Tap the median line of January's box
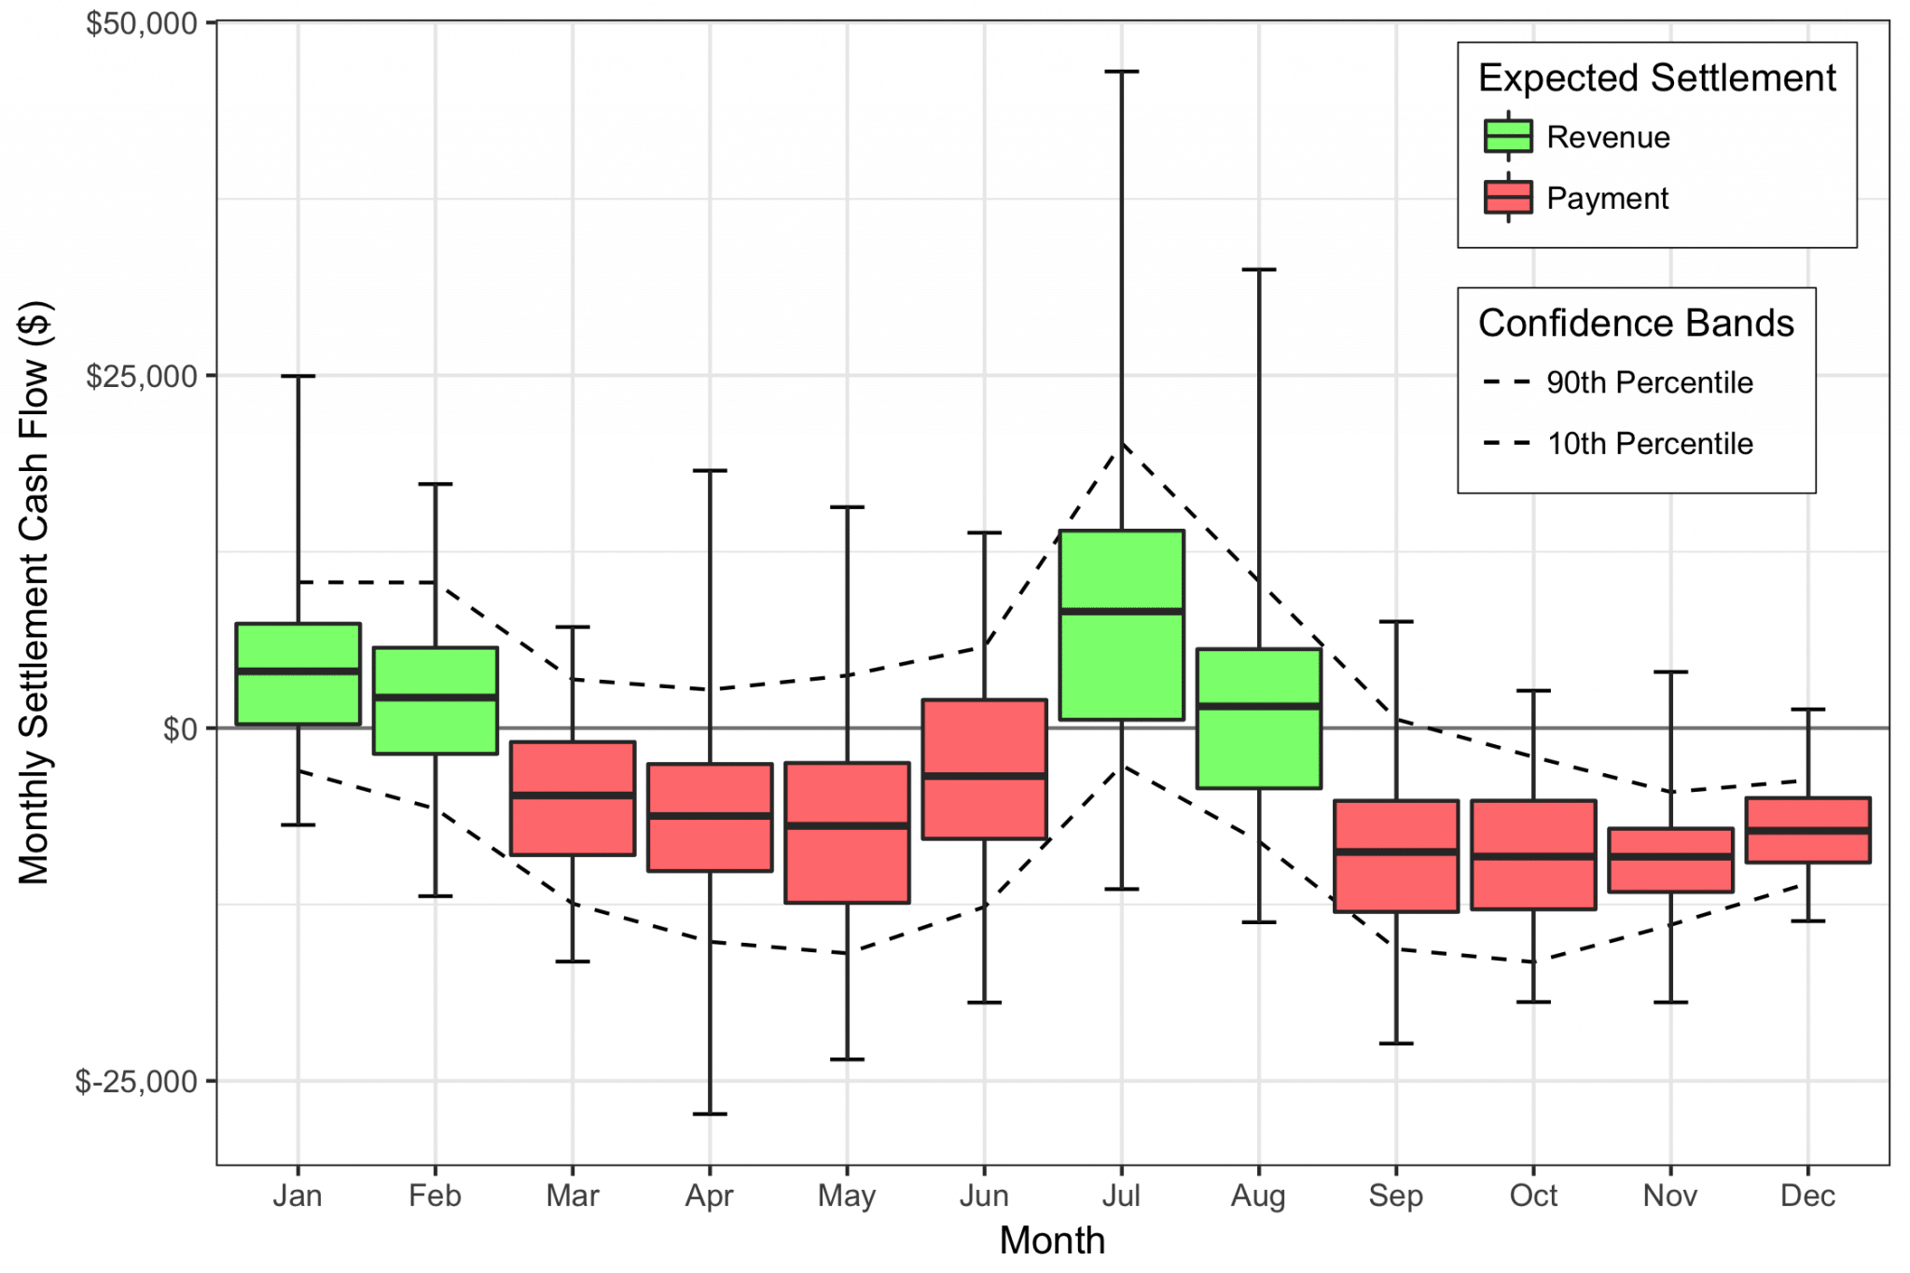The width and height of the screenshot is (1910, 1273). [298, 671]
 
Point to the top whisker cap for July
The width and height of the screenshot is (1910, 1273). [1122, 72]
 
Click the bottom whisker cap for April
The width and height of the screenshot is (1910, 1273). [710, 1114]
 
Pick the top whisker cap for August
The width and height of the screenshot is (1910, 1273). [1259, 270]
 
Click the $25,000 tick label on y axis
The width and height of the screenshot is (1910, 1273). [142, 376]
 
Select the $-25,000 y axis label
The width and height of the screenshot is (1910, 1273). [137, 1082]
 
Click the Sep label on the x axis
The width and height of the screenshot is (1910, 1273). [1395, 1196]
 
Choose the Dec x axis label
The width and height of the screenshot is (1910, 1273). [1807, 1196]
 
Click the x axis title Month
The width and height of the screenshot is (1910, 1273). [1052, 1241]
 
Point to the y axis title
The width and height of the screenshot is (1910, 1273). [35, 592]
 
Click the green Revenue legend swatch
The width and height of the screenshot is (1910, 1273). [1508, 136]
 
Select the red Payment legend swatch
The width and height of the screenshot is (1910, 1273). [1508, 198]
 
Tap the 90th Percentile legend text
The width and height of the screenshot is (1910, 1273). [1649, 382]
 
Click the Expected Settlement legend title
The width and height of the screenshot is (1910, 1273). [1656, 78]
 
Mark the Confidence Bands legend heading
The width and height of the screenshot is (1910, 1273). [1636, 324]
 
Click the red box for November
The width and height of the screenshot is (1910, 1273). [1670, 875]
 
